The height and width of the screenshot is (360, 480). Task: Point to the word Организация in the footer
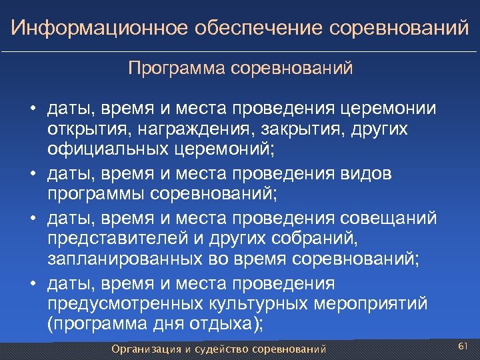tap(146, 348)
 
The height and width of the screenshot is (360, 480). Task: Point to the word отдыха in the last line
tap(223, 323)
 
